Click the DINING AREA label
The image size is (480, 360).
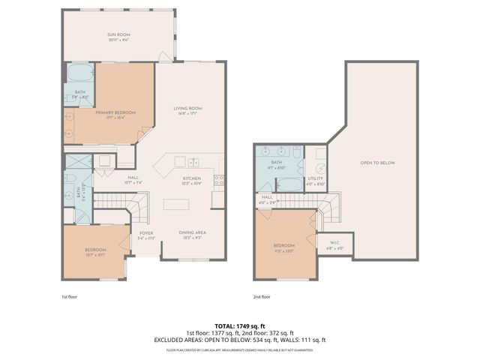[193, 232]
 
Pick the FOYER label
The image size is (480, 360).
[146, 232]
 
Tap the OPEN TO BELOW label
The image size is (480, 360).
[377, 163]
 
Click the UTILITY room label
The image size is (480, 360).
[316, 178]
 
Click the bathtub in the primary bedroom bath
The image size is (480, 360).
[79, 73]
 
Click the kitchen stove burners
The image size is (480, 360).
[219, 180]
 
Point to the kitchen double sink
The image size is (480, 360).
[193, 161]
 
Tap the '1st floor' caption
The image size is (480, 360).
[69, 297]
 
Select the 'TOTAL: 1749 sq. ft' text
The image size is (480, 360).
[239, 326]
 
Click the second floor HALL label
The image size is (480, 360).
[268, 199]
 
